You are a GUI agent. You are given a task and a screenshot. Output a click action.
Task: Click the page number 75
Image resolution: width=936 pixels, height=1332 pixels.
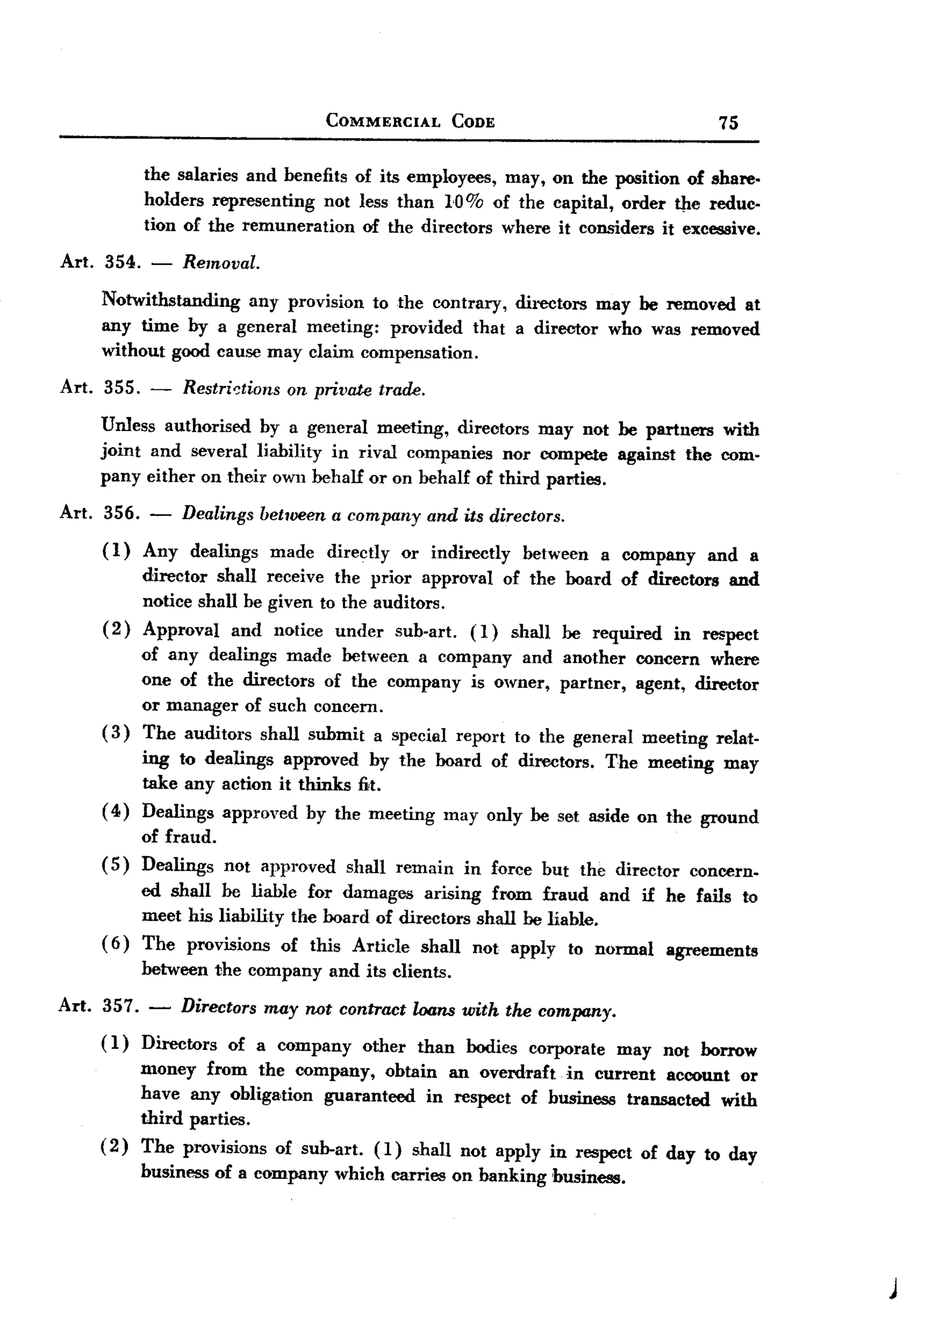pos(728,122)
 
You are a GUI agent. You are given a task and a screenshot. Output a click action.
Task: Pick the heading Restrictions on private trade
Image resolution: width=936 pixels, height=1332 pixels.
pos(304,389)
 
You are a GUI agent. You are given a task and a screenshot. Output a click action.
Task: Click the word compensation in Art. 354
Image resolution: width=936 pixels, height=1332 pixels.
pos(420,353)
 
